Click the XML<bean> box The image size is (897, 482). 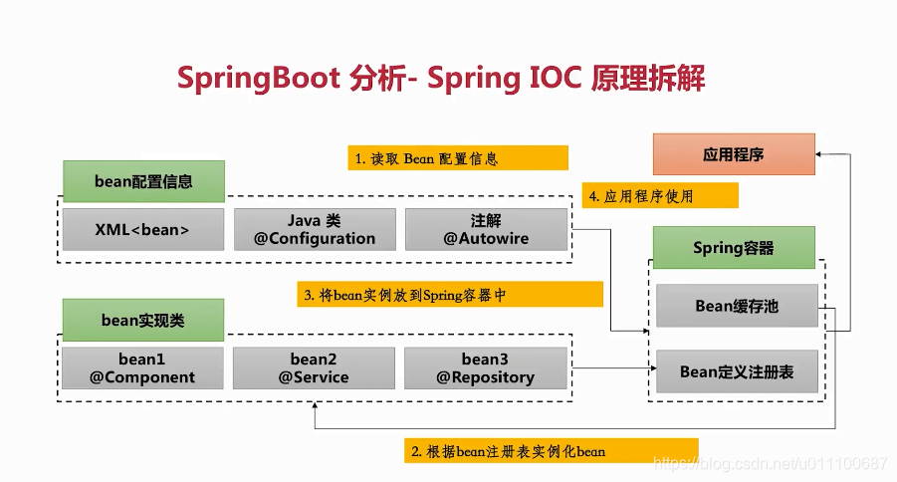point(143,230)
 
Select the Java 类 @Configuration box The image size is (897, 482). point(315,230)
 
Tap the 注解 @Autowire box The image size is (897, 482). point(486,230)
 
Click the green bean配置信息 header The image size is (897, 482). point(143,181)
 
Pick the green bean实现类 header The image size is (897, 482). point(143,320)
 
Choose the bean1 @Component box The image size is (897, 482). point(142,368)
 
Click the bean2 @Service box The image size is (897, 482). point(314,368)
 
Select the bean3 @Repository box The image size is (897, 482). point(486,368)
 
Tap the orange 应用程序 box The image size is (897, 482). point(734,154)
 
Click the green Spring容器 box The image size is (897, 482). point(734,247)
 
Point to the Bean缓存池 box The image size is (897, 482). point(737,306)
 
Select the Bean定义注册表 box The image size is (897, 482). point(737,371)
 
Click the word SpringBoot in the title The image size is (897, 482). point(259,79)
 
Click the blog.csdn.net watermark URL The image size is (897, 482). point(770,462)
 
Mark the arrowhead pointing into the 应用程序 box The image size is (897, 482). point(818,154)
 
